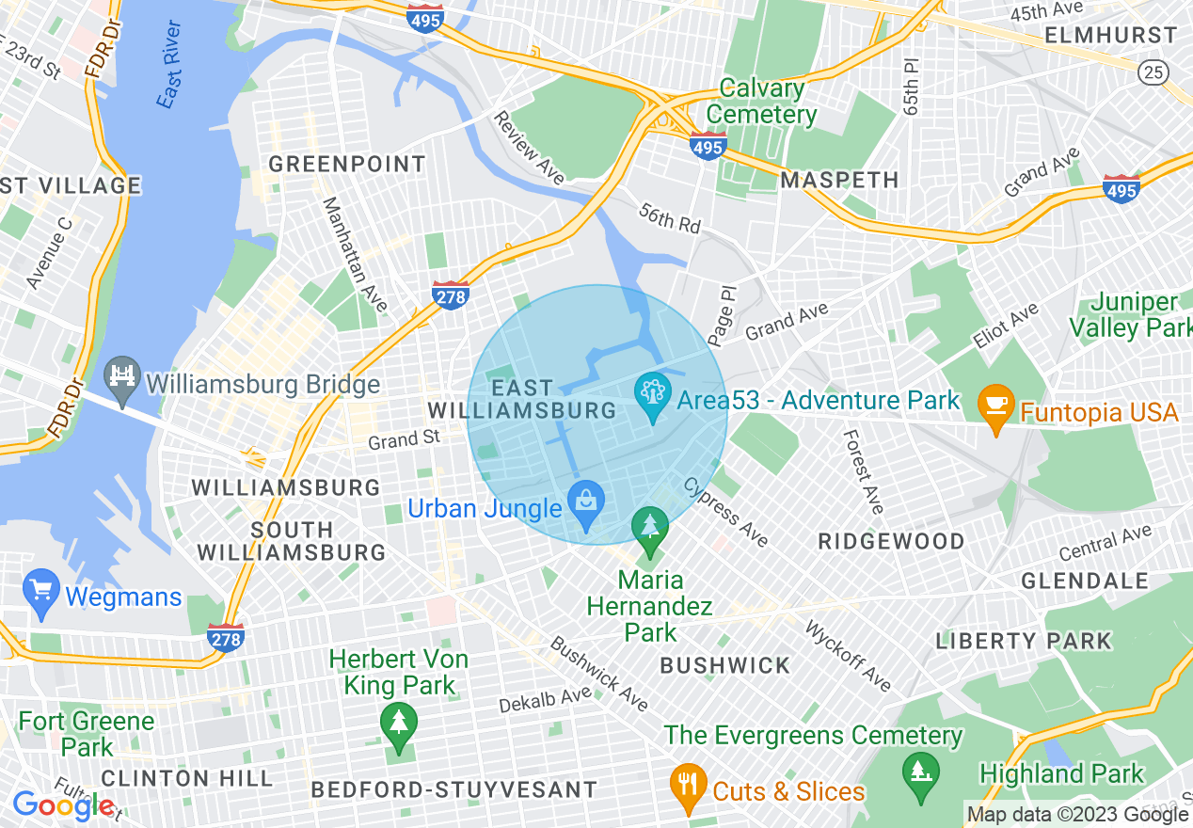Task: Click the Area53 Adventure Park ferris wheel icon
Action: (x=651, y=396)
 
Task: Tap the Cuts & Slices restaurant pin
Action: (x=689, y=787)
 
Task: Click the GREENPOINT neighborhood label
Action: (x=347, y=165)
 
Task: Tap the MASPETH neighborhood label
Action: (x=840, y=180)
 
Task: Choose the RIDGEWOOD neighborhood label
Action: (x=891, y=542)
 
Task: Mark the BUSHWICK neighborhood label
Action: (x=725, y=666)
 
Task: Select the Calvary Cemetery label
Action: (x=762, y=102)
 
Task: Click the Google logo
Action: (x=64, y=805)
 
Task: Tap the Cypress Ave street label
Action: (x=725, y=511)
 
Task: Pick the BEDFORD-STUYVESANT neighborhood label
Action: (x=453, y=789)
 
